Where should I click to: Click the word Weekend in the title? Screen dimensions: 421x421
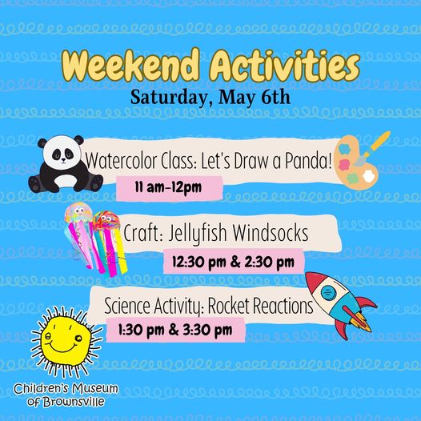pos(130,66)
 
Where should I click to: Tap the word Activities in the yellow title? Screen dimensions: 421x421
pos(285,66)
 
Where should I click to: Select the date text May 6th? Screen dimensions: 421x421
pos(255,97)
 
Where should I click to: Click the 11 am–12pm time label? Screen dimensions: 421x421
pos(168,187)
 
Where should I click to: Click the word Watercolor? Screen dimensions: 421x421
pos(122,161)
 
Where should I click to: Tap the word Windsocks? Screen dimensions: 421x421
pos(271,233)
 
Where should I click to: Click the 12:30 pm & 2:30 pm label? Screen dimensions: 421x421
pos(233,262)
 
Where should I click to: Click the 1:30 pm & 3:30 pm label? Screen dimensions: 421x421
pos(175,330)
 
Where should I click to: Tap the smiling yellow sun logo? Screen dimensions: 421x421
pos(66,342)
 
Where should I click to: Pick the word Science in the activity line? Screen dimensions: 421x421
pos(127,306)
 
